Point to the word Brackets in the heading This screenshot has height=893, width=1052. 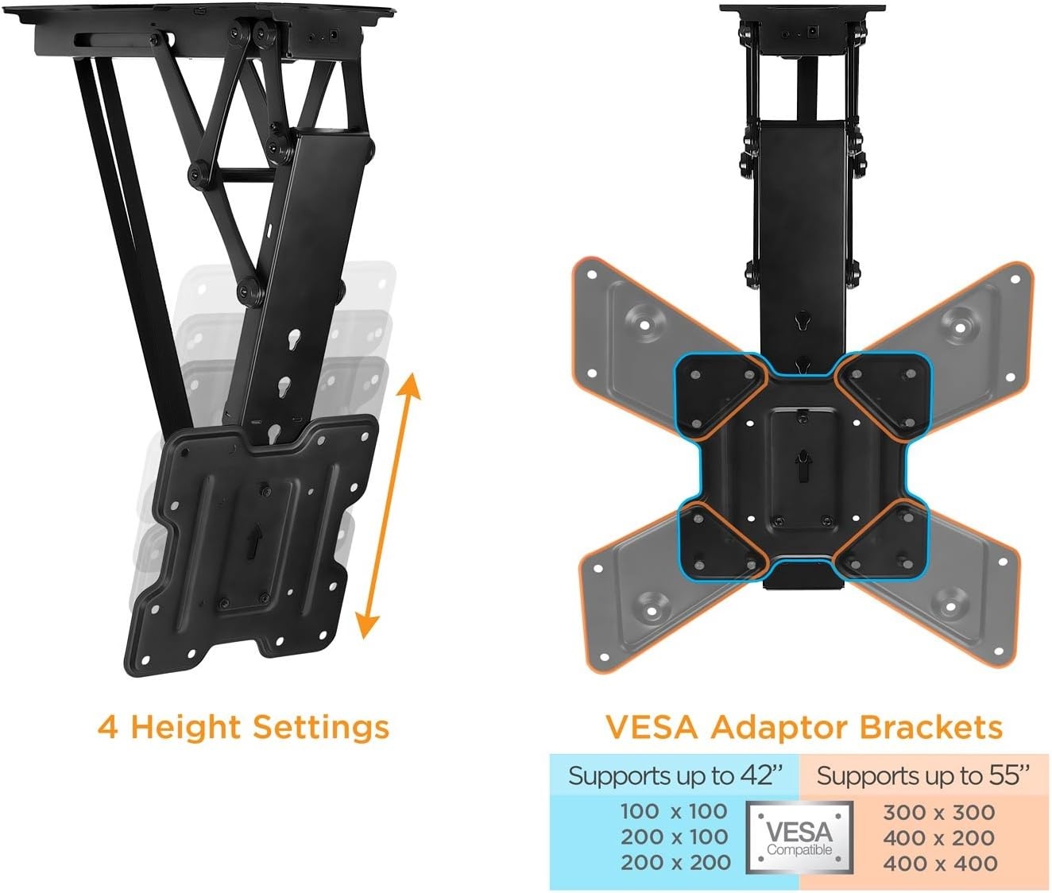tap(931, 728)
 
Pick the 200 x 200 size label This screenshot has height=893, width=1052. tap(675, 863)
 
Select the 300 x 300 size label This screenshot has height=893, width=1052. tap(939, 813)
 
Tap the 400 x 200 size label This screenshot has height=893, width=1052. tap(939, 838)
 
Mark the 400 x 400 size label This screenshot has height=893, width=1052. tap(940, 864)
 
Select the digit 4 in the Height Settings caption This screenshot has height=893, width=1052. tap(108, 728)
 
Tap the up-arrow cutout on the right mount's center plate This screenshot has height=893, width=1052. tap(803, 465)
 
